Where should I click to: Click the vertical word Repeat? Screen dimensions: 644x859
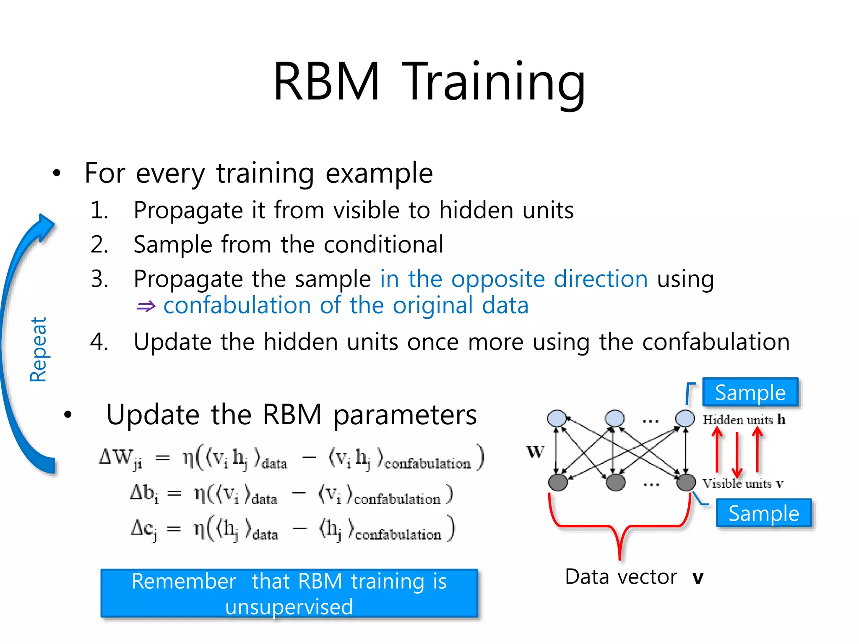click(x=38, y=349)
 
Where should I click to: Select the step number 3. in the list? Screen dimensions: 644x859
click(x=99, y=279)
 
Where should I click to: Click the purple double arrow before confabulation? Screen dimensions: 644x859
click(x=146, y=306)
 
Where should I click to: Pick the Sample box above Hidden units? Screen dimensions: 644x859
click(x=750, y=392)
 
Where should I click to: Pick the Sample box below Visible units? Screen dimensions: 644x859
click(x=763, y=513)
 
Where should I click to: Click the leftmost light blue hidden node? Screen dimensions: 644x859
click(x=557, y=418)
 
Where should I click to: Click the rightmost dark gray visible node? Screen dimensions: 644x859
click(x=686, y=482)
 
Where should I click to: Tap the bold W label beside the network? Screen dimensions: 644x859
click(x=535, y=452)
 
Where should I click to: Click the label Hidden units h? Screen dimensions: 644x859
click(x=744, y=420)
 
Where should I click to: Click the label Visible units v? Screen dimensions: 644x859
click(x=742, y=484)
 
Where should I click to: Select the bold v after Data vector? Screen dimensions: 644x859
click(x=698, y=578)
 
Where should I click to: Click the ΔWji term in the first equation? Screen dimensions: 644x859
click(x=120, y=458)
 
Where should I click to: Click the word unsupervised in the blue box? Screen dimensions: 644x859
click(x=289, y=607)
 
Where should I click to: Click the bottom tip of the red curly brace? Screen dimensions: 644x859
click(x=620, y=558)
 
